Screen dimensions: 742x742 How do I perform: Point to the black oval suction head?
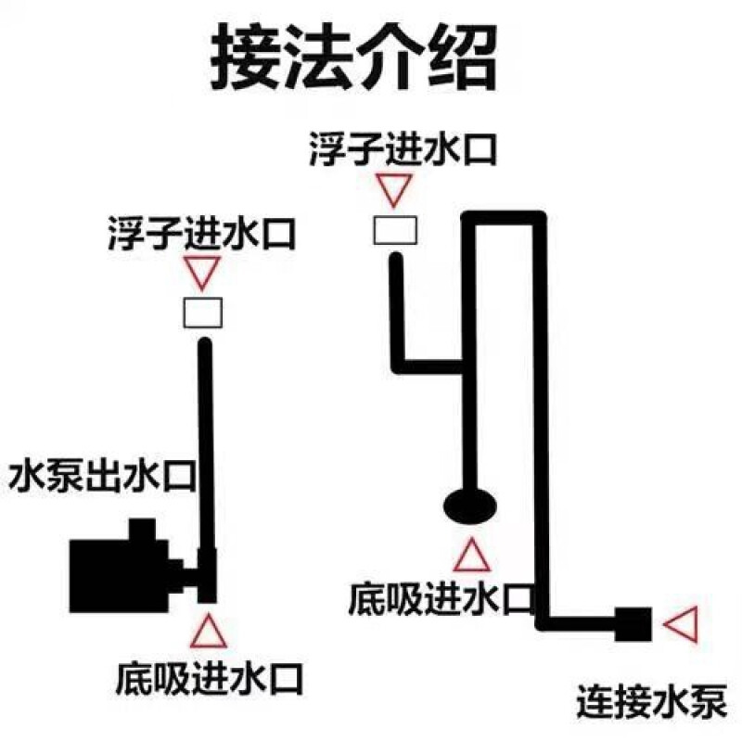469,505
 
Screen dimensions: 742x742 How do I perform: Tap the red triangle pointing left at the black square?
684,624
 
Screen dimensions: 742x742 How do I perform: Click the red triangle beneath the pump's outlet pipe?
206,631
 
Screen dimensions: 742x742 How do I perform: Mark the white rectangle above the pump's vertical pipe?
202,313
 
